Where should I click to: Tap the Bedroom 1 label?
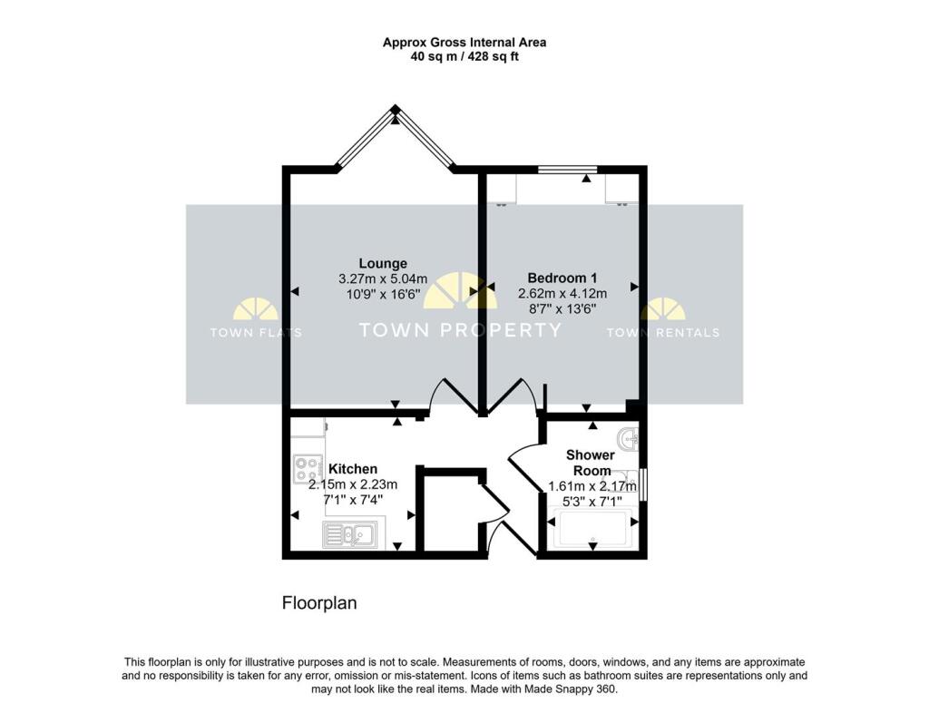coord(562,278)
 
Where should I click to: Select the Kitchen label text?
coord(353,469)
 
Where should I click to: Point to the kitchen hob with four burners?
coord(308,469)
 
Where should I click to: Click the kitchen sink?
coord(351,535)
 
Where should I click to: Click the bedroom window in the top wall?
coord(568,169)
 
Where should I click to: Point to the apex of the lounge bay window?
coord(396,110)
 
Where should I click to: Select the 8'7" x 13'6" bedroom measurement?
coord(562,308)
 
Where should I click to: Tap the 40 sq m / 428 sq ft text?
coord(464,56)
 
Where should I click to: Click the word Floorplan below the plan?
coord(319,602)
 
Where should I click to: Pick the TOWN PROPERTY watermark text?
coord(461,330)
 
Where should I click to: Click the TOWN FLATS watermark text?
coord(256,332)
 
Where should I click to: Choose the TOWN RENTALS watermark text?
coord(662,332)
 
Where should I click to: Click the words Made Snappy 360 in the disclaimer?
coord(575,689)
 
